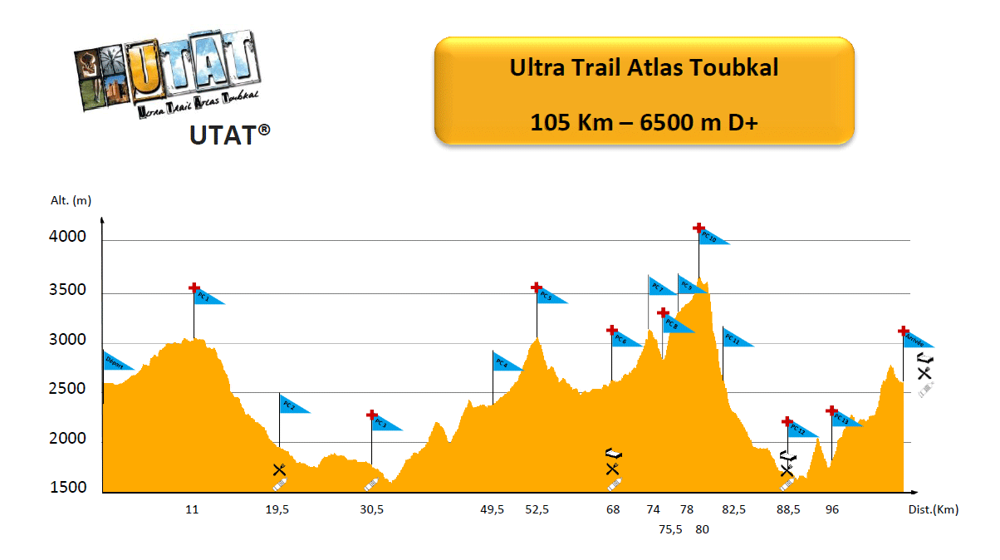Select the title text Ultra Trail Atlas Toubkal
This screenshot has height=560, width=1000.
click(644, 68)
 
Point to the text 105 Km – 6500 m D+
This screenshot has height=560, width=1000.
click(644, 122)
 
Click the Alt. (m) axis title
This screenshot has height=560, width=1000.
click(71, 200)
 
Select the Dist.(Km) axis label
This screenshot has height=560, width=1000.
click(934, 510)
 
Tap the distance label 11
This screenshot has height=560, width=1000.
click(192, 510)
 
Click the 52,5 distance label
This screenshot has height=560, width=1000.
click(537, 510)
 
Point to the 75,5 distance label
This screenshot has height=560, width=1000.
click(670, 529)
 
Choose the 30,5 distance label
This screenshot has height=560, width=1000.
click(371, 510)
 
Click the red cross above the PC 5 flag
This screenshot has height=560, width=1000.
click(537, 287)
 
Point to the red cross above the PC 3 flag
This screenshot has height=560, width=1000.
click(372, 415)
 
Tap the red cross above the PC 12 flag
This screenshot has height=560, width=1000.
click(787, 421)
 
